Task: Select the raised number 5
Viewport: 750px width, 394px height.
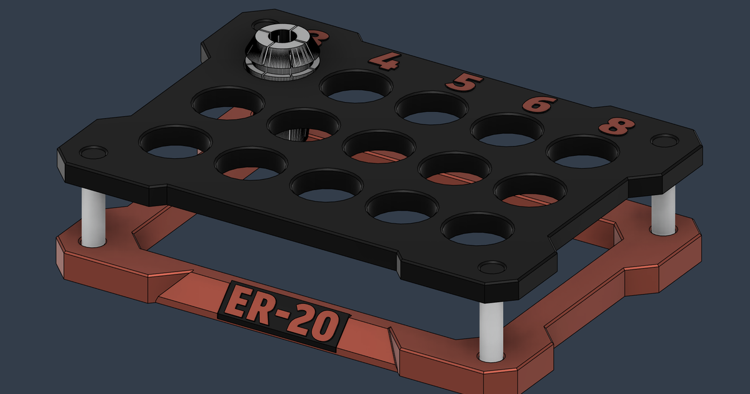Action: pos(463,83)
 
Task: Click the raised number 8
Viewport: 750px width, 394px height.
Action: pos(616,126)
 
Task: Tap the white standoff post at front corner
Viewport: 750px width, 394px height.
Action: pos(491,331)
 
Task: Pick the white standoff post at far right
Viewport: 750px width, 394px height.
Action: pos(663,210)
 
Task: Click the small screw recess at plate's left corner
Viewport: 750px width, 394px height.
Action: pos(91,152)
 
